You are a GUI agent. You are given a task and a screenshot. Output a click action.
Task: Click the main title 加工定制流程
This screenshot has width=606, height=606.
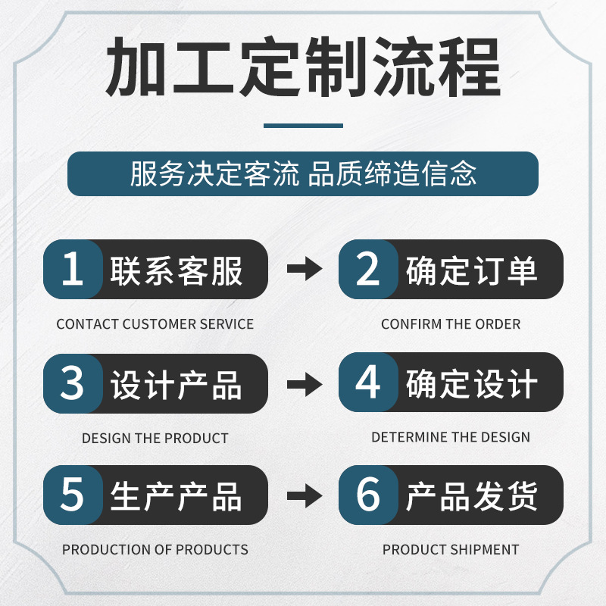click(x=303, y=70)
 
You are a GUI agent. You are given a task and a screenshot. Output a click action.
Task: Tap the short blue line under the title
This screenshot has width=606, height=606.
click(x=303, y=126)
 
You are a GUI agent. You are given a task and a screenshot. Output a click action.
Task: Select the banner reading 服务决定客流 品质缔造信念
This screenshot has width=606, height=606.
click(x=303, y=174)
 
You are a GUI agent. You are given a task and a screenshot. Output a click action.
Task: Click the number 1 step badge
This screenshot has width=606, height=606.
click(x=72, y=269)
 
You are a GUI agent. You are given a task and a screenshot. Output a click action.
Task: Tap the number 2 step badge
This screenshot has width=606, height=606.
click(x=367, y=269)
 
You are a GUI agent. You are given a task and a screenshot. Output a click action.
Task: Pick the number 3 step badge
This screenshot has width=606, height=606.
click(x=72, y=383)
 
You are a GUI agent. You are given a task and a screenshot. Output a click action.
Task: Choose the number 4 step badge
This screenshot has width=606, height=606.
click(x=367, y=383)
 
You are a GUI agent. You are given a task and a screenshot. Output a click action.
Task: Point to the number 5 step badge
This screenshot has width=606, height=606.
click(x=72, y=495)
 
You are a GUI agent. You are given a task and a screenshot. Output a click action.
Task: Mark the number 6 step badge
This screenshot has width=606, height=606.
click(x=367, y=495)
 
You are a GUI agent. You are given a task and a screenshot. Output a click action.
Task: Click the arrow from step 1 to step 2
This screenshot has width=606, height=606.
click(x=304, y=269)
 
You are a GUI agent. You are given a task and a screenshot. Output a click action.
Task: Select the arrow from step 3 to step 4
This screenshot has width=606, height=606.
click(x=304, y=383)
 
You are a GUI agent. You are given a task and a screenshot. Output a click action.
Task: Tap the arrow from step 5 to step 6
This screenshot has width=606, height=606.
click(x=304, y=495)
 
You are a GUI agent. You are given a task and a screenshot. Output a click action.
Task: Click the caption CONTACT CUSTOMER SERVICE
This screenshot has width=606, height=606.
click(x=155, y=324)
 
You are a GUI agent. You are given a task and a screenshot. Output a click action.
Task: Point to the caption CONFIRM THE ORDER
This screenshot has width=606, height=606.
click(x=451, y=324)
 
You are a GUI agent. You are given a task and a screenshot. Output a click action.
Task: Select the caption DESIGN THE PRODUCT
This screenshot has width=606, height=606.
click(x=155, y=438)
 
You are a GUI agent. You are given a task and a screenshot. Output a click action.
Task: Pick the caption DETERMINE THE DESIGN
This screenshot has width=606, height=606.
click(x=451, y=437)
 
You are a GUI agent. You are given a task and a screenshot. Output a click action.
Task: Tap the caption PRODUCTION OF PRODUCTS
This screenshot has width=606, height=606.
click(x=155, y=549)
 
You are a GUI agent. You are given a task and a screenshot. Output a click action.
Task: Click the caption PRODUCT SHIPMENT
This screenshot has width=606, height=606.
click(x=451, y=549)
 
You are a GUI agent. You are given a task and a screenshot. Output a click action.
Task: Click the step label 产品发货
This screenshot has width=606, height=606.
click(x=472, y=496)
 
